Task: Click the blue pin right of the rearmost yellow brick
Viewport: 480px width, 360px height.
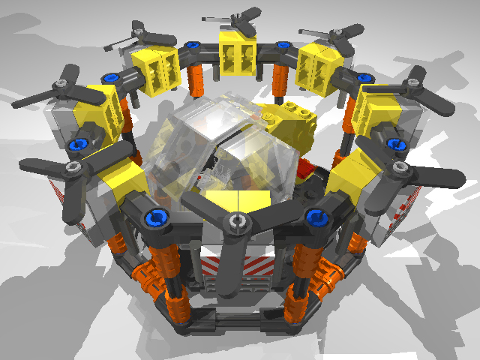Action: [283, 46]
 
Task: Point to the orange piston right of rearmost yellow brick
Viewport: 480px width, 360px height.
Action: [280, 75]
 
